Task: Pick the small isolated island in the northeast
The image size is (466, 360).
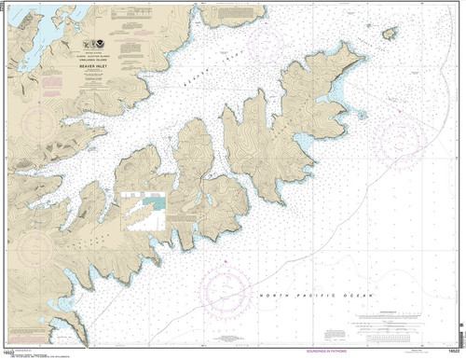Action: pyautogui.click(x=390, y=33)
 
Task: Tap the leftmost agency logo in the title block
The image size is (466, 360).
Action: pyautogui.click(x=85, y=42)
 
